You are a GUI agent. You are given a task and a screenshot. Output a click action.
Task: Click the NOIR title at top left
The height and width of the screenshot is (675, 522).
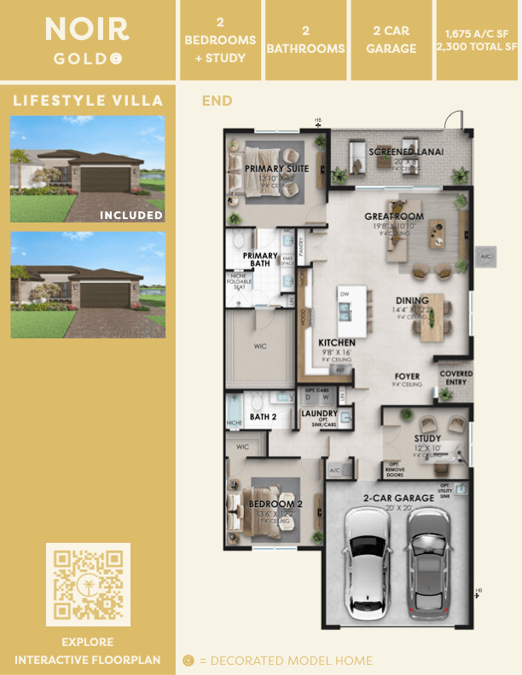click(87, 30)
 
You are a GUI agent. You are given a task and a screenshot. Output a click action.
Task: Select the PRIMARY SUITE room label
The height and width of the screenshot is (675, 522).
click(276, 169)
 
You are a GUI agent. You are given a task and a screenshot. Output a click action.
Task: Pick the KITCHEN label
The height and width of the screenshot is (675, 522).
click(336, 342)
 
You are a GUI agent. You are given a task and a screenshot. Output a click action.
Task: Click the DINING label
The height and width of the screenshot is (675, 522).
click(412, 301)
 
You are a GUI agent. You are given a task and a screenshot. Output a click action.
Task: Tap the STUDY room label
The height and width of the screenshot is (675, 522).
click(428, 439)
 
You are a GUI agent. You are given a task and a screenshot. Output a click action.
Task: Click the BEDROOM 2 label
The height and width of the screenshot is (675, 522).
click(272, 505)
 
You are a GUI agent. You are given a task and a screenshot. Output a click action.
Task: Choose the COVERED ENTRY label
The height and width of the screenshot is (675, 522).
click(456, 378)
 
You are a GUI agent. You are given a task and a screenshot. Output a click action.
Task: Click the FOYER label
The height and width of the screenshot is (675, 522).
click(407, 376)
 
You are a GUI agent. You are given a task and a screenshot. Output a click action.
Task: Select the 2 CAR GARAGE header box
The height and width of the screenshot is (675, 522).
click(391, 41)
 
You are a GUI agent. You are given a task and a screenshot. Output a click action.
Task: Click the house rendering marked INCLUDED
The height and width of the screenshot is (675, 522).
click(87, 169)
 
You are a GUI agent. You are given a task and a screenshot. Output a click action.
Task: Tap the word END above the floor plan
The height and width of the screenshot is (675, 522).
click(217, 101)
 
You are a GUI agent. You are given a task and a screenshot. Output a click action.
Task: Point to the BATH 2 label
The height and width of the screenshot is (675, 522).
click(264, 417)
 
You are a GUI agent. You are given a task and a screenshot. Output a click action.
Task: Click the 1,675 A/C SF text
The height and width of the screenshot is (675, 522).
click(478, 34)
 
